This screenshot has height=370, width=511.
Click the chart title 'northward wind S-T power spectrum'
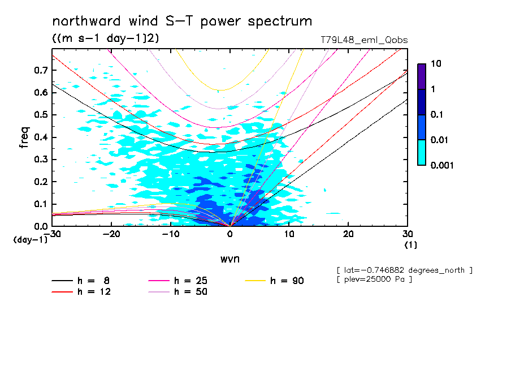click(x=182, y=21)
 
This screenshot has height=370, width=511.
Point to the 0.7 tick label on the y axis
click(x=41, y=70)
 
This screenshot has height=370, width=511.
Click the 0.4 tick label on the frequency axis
click(x=41, y=137)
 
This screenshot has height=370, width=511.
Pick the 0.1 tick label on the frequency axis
click(x=41, y=204)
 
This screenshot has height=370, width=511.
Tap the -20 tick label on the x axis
click(x=111, y=234)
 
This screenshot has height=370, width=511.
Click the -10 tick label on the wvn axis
click(x=171, y=234)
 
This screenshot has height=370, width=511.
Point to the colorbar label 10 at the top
click(x=436, y=64)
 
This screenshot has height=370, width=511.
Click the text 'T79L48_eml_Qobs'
click(x=363, y=40)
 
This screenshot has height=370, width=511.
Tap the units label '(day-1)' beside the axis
click(x=30, y=239)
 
